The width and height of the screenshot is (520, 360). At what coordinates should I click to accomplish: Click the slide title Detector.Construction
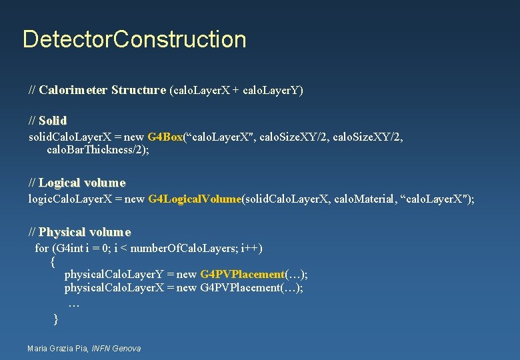click(x=134, y=39)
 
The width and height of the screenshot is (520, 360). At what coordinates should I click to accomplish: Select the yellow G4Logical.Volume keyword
click(x=194, y=199)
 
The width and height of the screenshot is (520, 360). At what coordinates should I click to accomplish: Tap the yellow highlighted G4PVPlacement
click(x=242, y=274)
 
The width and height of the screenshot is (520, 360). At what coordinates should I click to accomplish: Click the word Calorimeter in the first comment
click(x=73, y=90)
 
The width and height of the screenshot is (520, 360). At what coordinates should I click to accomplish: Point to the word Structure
click(x=139, y=90)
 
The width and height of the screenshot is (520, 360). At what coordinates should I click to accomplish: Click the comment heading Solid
click(x=53, y=121)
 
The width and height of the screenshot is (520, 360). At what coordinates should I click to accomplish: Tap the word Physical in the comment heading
click(x=62, y=232)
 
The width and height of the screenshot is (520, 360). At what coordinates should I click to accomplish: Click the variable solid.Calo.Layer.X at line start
click(x=67, y=137)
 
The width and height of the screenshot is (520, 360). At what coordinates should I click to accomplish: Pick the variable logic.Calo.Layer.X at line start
click(x=67, y=199)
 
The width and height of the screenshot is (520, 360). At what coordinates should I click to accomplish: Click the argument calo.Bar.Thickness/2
click(x=97, y=150)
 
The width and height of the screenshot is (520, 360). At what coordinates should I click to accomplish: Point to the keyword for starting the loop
click(x=41, y=249)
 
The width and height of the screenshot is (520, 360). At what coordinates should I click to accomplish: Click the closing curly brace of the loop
click(x=55, y=319)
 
